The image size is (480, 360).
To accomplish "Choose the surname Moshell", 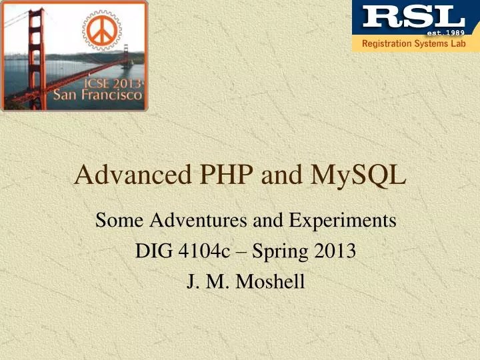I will (269, 282).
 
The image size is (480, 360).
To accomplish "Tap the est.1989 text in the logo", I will (445, 31).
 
